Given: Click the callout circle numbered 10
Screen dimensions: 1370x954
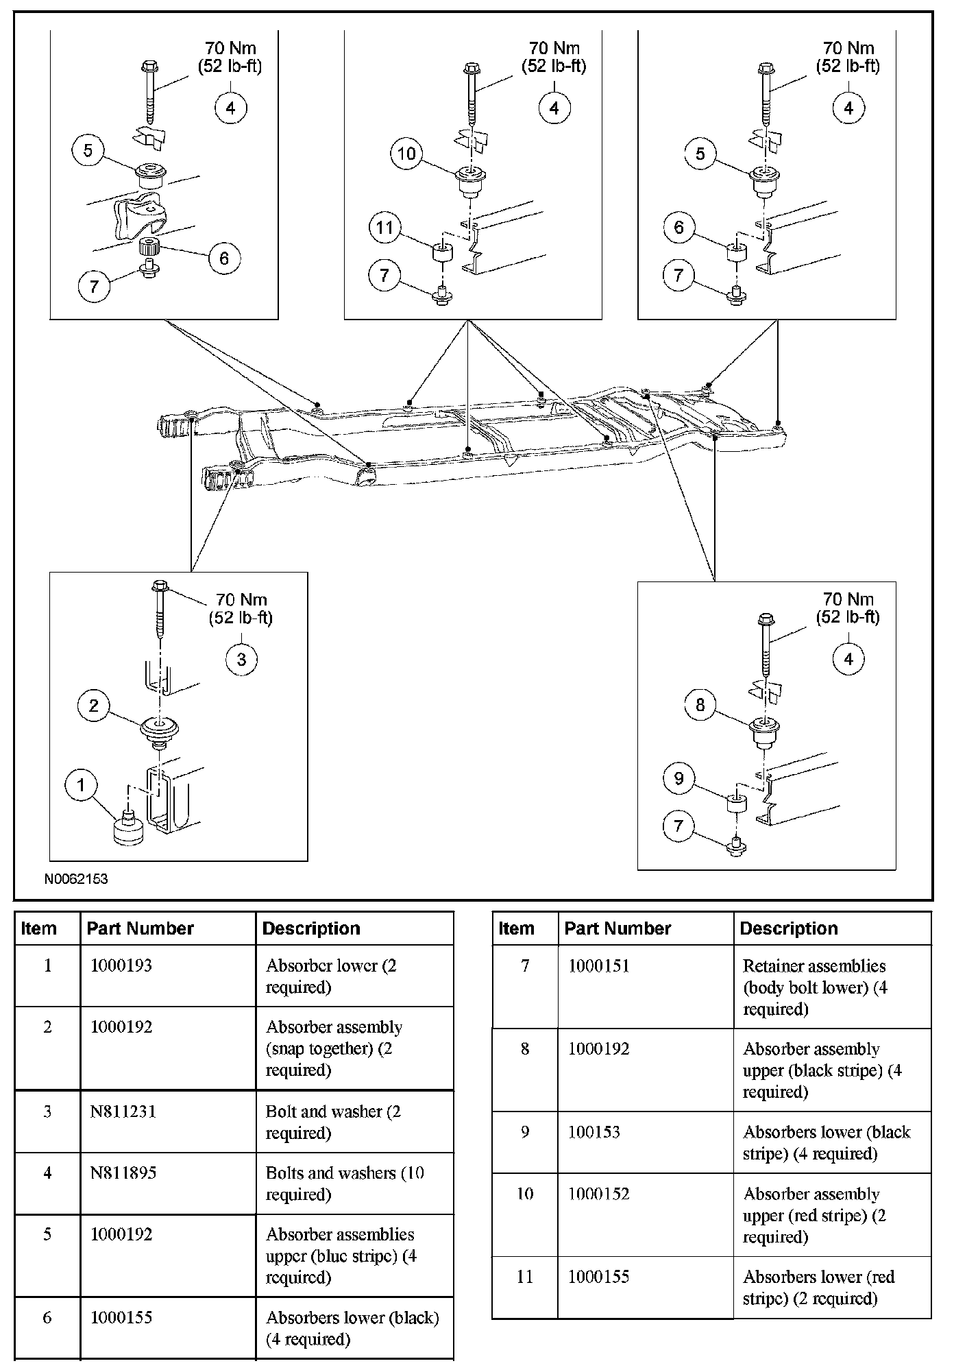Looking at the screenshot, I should (406, 153).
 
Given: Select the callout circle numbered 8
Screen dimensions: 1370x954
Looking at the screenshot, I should (700, 705).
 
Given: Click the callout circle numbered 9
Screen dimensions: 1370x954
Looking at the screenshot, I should (679, 778).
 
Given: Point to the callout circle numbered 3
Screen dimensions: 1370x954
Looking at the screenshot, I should (241, 660).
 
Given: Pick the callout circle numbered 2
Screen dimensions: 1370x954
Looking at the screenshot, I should (94, 706).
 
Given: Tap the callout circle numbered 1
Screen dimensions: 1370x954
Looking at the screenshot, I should (82, 784).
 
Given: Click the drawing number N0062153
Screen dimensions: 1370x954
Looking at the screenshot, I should (76, 878).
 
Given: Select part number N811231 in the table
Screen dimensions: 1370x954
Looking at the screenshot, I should (123, 1111).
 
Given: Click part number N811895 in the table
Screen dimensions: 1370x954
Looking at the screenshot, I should (123, 1173).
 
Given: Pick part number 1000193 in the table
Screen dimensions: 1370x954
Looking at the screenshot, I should (121, 965).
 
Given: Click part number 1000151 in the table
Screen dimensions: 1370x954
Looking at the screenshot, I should (599, 965).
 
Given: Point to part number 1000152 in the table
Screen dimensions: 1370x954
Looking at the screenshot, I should (599, 1194).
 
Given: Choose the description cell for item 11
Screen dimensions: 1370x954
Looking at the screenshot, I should (818, 1287).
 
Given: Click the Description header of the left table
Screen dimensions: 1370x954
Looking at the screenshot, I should (311, 928).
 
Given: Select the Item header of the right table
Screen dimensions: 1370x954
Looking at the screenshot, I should (517, 928).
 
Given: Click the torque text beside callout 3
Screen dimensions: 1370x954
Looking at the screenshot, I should (241, 608).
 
